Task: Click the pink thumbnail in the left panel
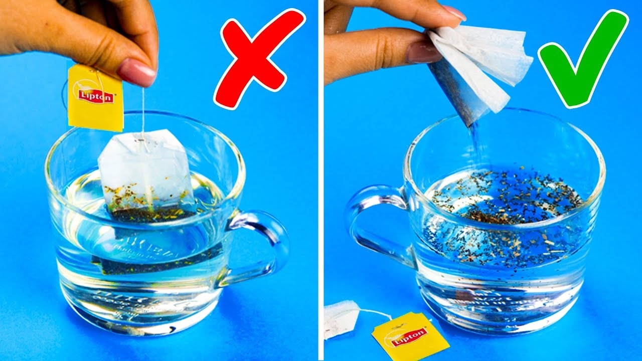137,72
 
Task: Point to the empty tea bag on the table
341,318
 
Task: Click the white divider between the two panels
321,180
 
